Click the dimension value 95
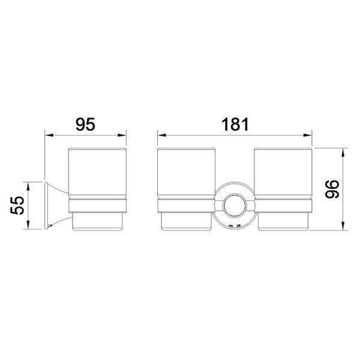pyautogui.click(x=85, y=124)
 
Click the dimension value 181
pyautogui.click(x=235, y=124)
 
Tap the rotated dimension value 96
pyautogui.click(x=332, y=189)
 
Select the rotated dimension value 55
pyautogui.click(x=17, y=205)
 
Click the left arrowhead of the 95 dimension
pyautogui.click(x=49, y=135)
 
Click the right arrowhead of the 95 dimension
pyautogui.click(x=122, y=135)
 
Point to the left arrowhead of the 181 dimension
pyautogui.click(x=162, y=135)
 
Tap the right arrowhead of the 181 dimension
pyautogui.click(x=307, y=135)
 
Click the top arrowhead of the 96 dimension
pyautogui.click(x=343, y=152)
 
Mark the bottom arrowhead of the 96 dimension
pyautogui.click(x=343, y=226)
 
